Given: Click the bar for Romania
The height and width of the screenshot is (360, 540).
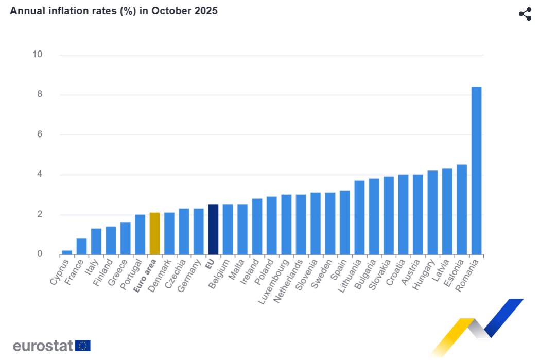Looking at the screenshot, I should [x=476, y=170].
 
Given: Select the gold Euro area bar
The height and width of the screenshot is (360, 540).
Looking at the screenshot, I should [x=154, y=233].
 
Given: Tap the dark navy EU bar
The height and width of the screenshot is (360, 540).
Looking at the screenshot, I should [x=213, y=229].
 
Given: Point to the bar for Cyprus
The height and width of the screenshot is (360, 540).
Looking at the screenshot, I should [x=67, y=252].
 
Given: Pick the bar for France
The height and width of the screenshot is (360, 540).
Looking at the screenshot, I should [x=81, y=246].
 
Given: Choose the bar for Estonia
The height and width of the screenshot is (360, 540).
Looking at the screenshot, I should [x=462, y=209].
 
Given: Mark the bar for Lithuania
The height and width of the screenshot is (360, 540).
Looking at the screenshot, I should [x=359, y=217].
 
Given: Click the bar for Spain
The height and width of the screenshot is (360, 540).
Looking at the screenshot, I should [x=345, y=222].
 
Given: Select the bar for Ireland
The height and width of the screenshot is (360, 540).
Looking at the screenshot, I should [x=257, y=226].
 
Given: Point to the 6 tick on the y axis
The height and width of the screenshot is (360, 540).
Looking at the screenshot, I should [x=39, y=135].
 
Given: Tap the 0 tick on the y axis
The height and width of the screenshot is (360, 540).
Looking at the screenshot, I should [x=39, y=254].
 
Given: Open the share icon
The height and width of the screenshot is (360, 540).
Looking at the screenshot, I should [x=525, y=14].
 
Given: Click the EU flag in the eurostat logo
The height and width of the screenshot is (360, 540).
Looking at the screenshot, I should [x=83, y=346].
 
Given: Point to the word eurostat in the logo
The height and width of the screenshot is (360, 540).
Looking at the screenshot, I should [x=43, y=346].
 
